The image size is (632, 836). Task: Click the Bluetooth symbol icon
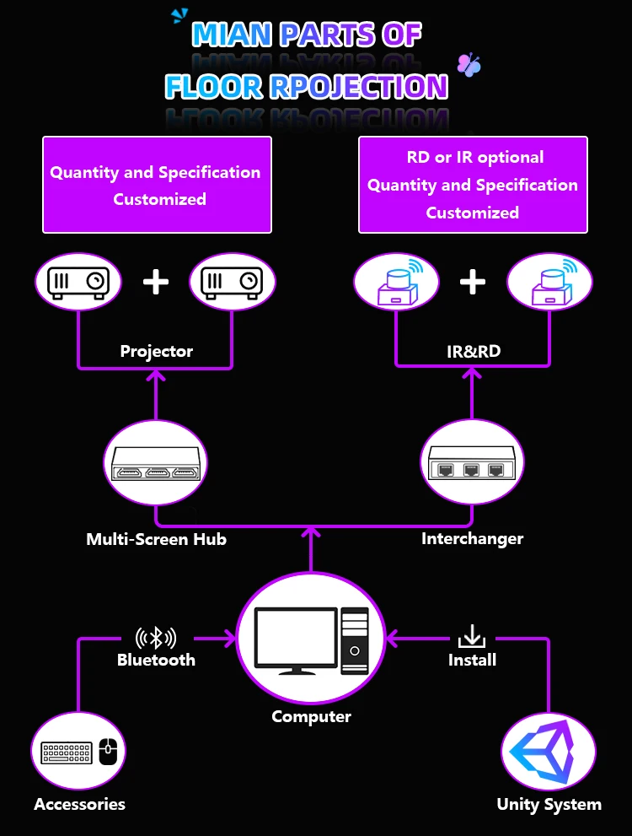[155, 638]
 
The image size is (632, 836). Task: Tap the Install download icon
[472, 637]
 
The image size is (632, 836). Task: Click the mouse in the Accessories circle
[108, 752]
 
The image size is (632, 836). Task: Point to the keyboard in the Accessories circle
[66, 752]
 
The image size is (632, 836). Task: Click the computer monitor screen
[296, 637]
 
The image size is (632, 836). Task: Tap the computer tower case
[355, 640]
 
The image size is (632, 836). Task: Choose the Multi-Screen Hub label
[156, 539]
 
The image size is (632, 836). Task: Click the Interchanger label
[472, 538]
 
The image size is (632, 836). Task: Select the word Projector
[156, 351]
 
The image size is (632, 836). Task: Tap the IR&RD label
[474, 351]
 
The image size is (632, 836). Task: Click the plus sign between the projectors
[156, 282]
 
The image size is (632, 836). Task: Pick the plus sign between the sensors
[473, 282]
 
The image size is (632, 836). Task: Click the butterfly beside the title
[469, 64]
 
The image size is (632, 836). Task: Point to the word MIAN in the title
[232, 35]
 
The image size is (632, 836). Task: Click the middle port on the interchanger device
[471, 470]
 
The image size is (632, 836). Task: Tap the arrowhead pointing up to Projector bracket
[156, 376]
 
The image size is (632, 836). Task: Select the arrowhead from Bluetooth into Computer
[230, 639]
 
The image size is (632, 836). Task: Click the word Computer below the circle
[312, 716]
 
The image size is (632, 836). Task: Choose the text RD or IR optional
[475, 157]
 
